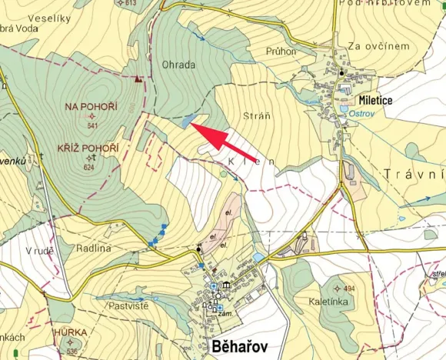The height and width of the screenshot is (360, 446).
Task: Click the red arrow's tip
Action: pyautogui.click(x=191, y=124)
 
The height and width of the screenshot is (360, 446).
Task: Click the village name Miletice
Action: pyautogui.click(x=375, y=101)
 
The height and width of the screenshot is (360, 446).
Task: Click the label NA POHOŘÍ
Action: pyautogui.click(x=92, y=106)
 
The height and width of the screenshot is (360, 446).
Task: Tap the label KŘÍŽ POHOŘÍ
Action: pyautogui.click(x=88, y=148)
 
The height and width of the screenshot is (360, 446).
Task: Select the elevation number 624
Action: pyautogui.click(x=89, y=167)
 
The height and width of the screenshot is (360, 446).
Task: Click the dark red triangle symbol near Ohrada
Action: pyautogui.click(x=138, y=78)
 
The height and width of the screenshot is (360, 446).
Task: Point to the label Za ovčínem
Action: pyautogui.click(x=378, y=46)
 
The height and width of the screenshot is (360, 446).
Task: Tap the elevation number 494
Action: pyautogui.click(x=349, y=289)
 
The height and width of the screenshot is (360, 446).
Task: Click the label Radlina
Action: pyautogui.click(x=94, y=248)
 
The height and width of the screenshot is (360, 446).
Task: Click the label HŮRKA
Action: pyautogui.click(x=70, y=332)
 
